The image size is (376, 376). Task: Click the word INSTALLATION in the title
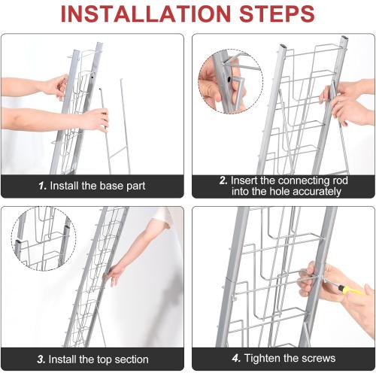pos(146,14)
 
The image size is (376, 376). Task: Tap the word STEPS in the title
pos(277,14)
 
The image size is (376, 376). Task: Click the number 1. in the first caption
pos(43,186)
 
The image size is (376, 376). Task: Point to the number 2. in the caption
pos(223,180)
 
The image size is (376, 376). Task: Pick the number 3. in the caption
pos(41,359)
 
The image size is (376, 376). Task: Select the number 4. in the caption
pos(236,358)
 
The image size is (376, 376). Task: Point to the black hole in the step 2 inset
pos(229,79)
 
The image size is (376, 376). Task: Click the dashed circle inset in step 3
pos(44,238)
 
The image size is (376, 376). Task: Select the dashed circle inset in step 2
pos(231,81)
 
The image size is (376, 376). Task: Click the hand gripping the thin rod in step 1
pos(96,120)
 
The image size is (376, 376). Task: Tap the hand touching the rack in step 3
pos(114,274)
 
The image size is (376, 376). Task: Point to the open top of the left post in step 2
pos(283,47)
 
